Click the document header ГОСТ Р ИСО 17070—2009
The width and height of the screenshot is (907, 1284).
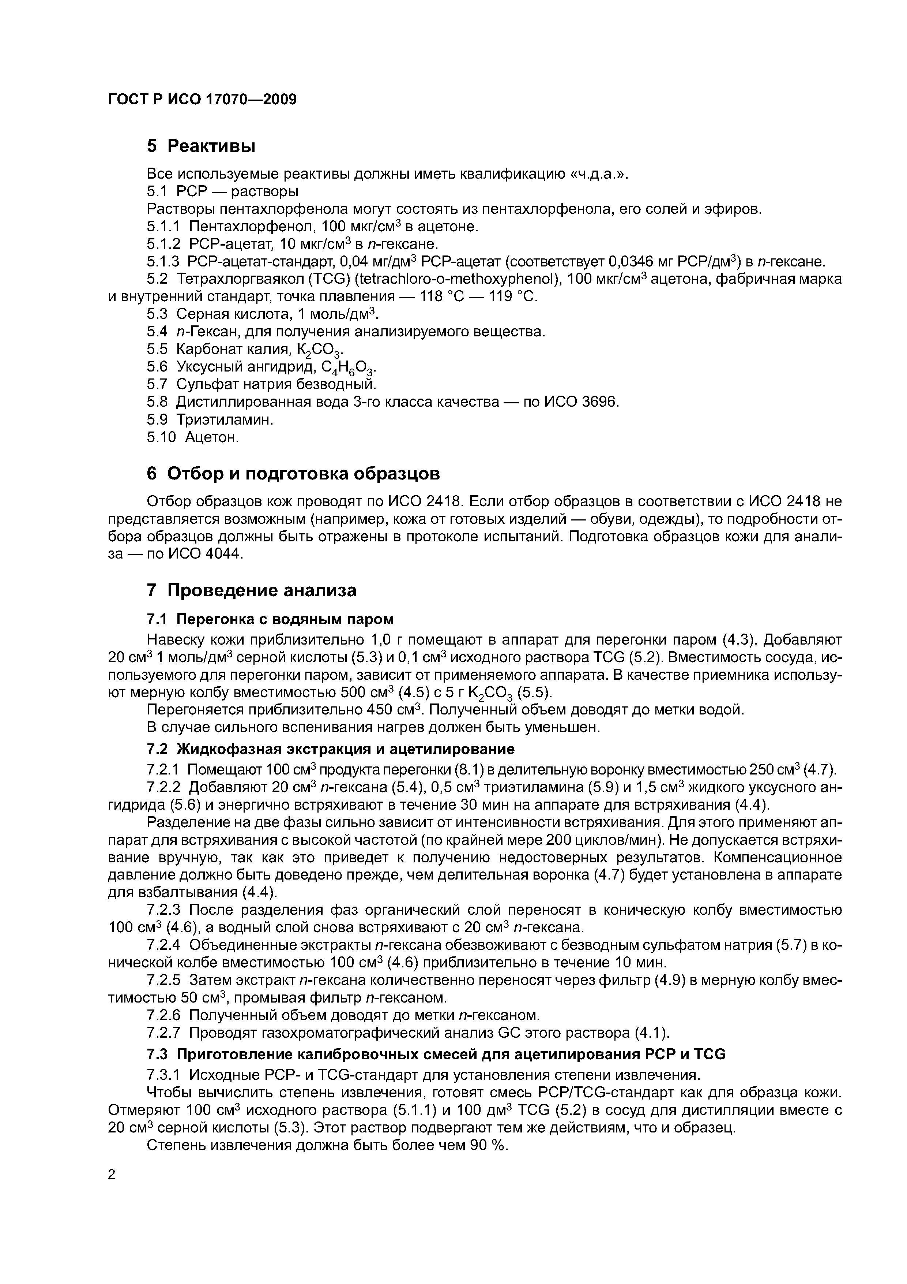click(202, 100)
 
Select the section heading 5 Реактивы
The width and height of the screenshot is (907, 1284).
click(201, 146)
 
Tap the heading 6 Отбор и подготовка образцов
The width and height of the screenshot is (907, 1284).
click(293, 473)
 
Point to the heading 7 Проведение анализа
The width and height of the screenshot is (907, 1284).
click(252, 590)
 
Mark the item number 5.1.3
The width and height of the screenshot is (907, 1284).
click(163, 261)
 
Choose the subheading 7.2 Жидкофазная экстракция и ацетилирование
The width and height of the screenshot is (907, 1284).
click(330, 749)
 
